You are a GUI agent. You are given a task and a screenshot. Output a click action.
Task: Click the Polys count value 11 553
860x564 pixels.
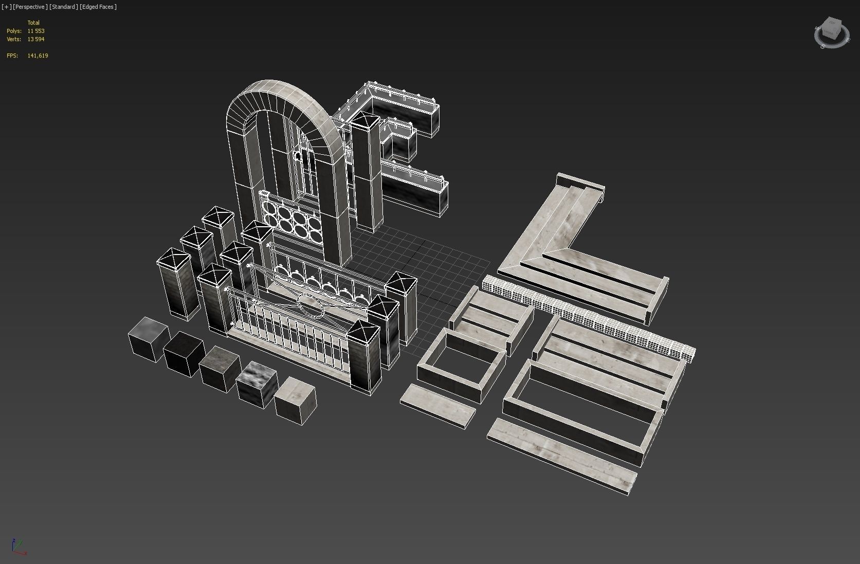[36, 31]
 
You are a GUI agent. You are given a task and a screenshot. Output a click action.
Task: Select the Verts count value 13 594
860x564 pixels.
[36, 39]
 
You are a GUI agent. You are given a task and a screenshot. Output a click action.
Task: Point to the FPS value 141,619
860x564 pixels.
[38, 56]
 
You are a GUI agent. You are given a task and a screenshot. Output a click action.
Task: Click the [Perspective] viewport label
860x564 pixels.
[30, 7]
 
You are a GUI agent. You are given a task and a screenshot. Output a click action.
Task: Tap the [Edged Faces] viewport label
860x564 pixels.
[98, 7]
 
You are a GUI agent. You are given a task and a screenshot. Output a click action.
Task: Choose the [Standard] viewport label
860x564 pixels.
[64, 7]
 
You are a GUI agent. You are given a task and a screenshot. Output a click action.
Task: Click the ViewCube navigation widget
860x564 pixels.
[831, 32]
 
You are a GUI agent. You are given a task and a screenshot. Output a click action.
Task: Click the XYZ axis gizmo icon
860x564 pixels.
[17, 547]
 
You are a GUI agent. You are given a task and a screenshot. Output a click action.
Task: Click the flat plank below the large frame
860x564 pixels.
[561, 456]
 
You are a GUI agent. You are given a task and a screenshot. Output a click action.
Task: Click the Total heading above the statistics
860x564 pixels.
[33, 23]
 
